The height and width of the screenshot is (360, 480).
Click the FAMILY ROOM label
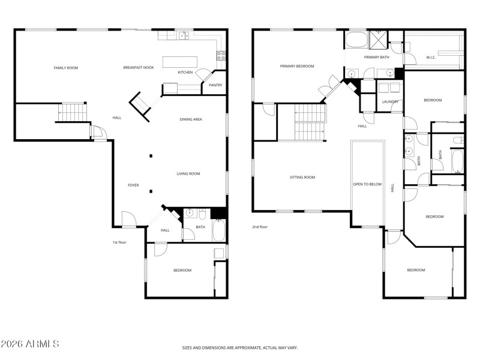pos(66,68)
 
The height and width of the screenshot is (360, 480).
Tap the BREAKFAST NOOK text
pos(139,67)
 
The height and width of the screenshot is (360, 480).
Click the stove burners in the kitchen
pos(221,56)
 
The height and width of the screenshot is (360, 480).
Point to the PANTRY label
pos(215,85)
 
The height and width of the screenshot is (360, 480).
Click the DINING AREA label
pos(191,119)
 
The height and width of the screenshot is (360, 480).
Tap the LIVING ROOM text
pos(188,174)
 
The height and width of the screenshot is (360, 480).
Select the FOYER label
pos(133,185)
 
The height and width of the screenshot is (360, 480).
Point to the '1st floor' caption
pos(119,242)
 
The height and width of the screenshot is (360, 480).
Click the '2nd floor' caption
pos(260,227)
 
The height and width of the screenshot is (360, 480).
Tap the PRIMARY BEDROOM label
pos(297,66)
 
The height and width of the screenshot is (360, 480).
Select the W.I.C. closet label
pos(431,58)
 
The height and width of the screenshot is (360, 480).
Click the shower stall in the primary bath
pos(379,40)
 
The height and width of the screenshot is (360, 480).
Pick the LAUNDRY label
pos(390,101)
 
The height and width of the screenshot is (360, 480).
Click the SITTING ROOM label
pos(302,177)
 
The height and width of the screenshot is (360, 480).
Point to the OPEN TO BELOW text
pos(367,184)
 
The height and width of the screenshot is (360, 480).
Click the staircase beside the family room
pos(72,112)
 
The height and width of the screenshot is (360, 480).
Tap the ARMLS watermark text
pos(30,344)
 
